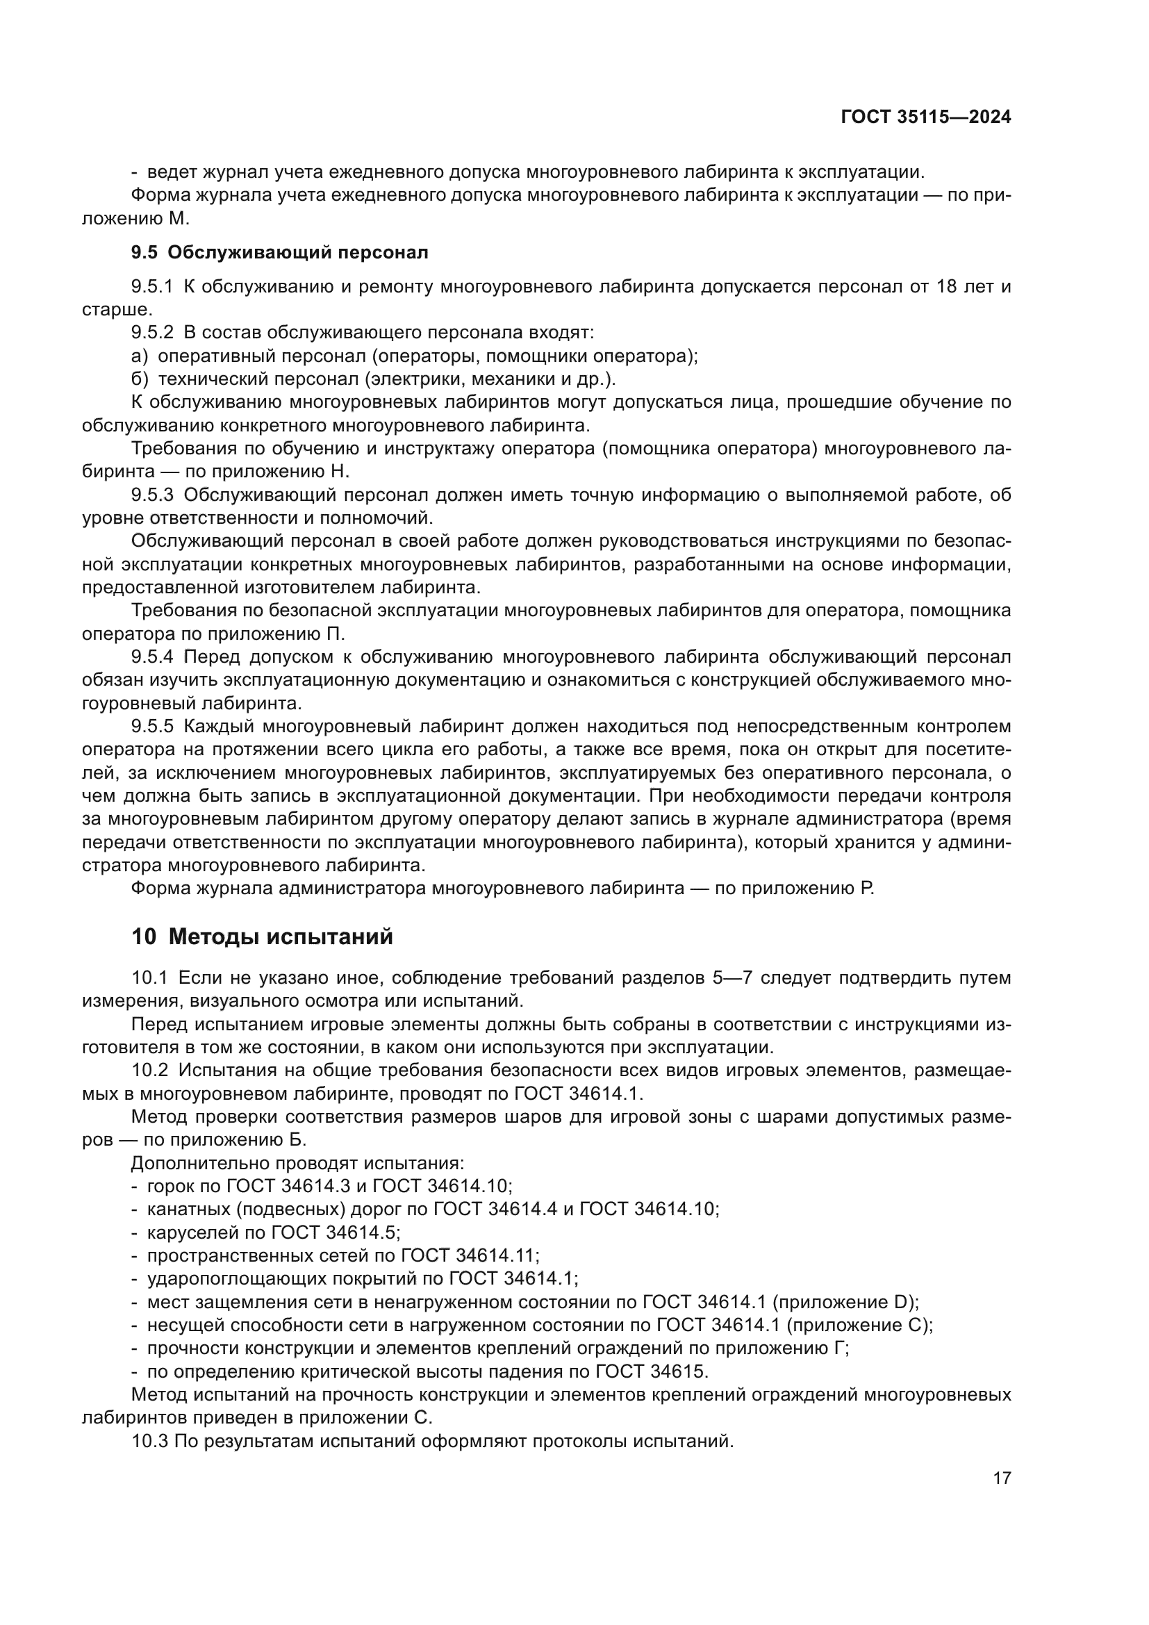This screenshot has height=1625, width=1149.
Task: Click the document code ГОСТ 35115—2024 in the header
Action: [x=925, y=117]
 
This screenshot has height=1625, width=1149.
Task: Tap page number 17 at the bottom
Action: [x=1002, y=1478]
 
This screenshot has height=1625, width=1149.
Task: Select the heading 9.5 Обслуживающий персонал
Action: [x=279, y=252]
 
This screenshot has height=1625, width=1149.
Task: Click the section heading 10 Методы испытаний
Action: [x=262, y=937]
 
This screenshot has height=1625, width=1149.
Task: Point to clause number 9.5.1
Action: [x=152, y=287]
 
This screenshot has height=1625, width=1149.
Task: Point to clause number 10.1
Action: [x=149, y=978]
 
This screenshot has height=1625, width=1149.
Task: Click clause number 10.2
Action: [x=149, y=1071]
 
